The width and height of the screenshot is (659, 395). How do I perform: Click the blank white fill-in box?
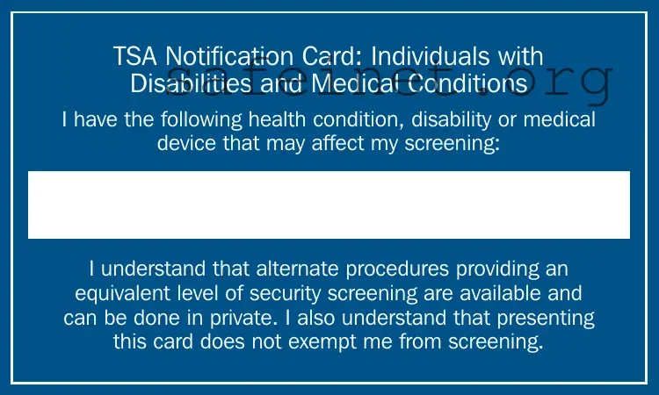[x=329, y=205]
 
